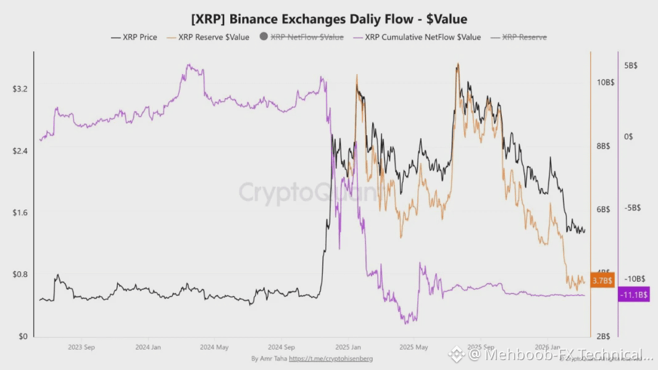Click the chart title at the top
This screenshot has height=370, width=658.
pos(329,19)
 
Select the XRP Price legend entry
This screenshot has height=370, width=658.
pos(134,37)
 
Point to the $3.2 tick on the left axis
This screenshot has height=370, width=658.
pos(20,89)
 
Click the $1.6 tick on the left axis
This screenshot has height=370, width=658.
pos(20,213)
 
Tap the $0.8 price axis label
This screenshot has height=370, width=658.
pos(20,274)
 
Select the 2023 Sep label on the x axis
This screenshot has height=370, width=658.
pos(82,347)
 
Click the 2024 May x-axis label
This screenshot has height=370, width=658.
pos(214,347)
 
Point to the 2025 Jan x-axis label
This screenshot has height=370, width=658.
pos(348,347)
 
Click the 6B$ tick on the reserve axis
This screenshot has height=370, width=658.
pos(602,210)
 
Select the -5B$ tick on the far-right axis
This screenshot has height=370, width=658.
pos(632,208)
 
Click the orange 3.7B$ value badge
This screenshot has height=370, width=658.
pos(602,281)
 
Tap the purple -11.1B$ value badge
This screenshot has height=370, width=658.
pos(633,295)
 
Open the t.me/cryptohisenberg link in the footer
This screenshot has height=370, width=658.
pos(331,358)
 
